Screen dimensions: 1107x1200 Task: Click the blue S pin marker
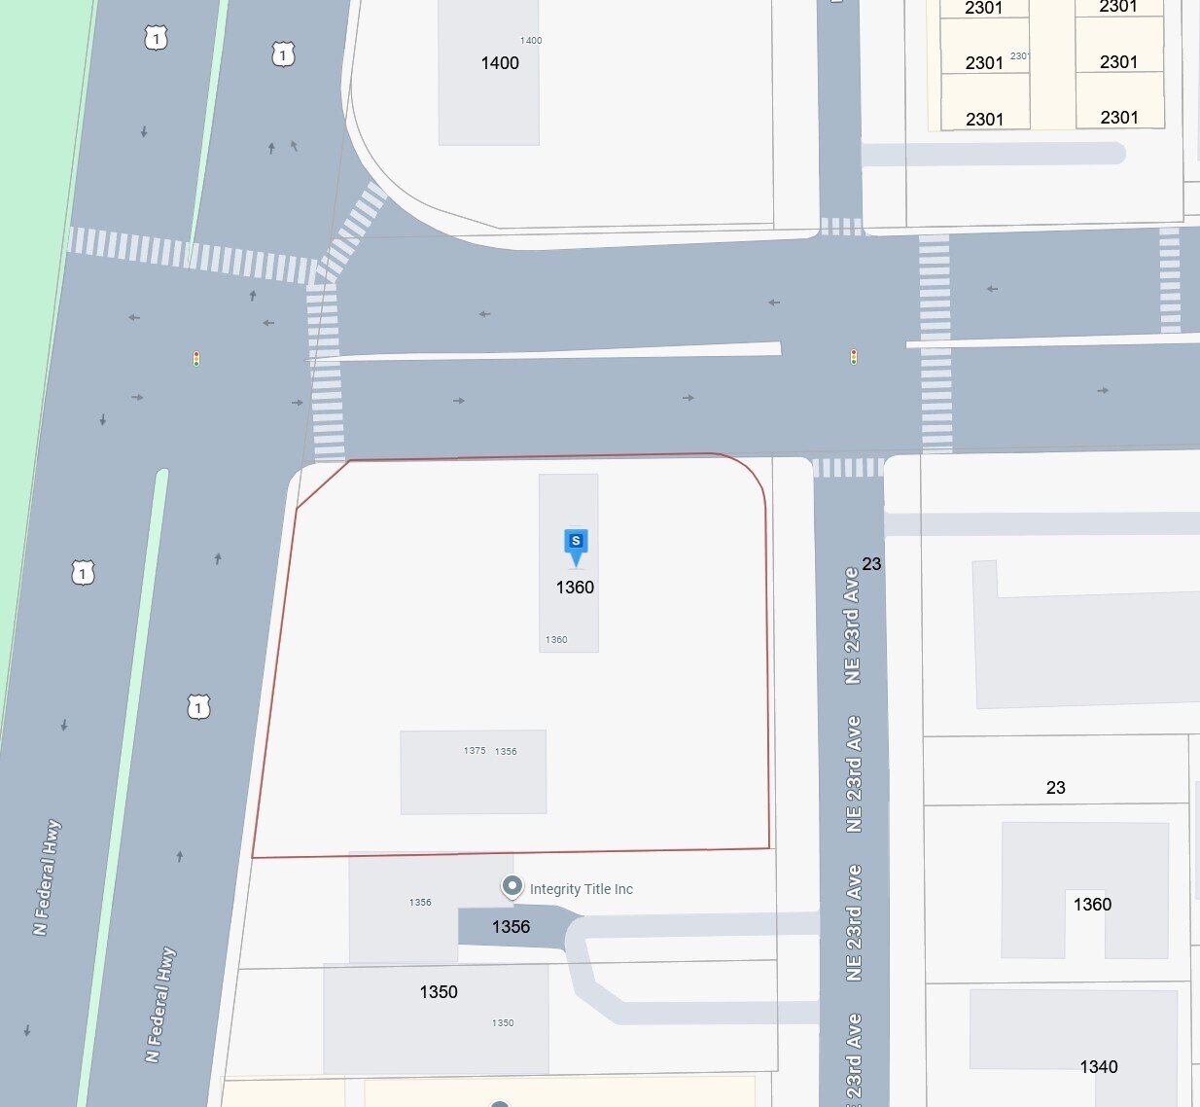tap(576, 544)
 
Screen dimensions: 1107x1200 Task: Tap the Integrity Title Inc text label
tap(581, 889)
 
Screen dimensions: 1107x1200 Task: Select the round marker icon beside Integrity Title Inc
tap(512, 886)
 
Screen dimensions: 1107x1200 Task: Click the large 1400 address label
tap(500, 63)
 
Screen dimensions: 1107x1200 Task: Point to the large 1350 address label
tap(439, 992)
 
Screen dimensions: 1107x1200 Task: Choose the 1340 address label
tap(1098, 1067)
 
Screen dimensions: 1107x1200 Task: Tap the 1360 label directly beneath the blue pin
tap(575, 588)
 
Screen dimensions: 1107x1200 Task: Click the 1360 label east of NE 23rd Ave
tap(1092, 905)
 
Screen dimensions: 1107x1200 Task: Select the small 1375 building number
tap(475, 751)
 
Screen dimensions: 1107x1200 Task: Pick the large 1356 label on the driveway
tap(511, 927)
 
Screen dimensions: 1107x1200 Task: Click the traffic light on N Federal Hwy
tap(196, 359)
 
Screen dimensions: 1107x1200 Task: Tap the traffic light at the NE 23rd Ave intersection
tap(854, 357)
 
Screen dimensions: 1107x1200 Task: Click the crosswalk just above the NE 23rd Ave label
tap(848, 468)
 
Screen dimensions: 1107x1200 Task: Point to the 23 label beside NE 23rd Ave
tap(871, 564)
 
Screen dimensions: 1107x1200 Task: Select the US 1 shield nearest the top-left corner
tap(156, 38)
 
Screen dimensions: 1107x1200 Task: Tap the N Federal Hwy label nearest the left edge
tap(47, 877)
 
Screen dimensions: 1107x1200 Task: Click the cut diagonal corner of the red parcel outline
tap(322, 484)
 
